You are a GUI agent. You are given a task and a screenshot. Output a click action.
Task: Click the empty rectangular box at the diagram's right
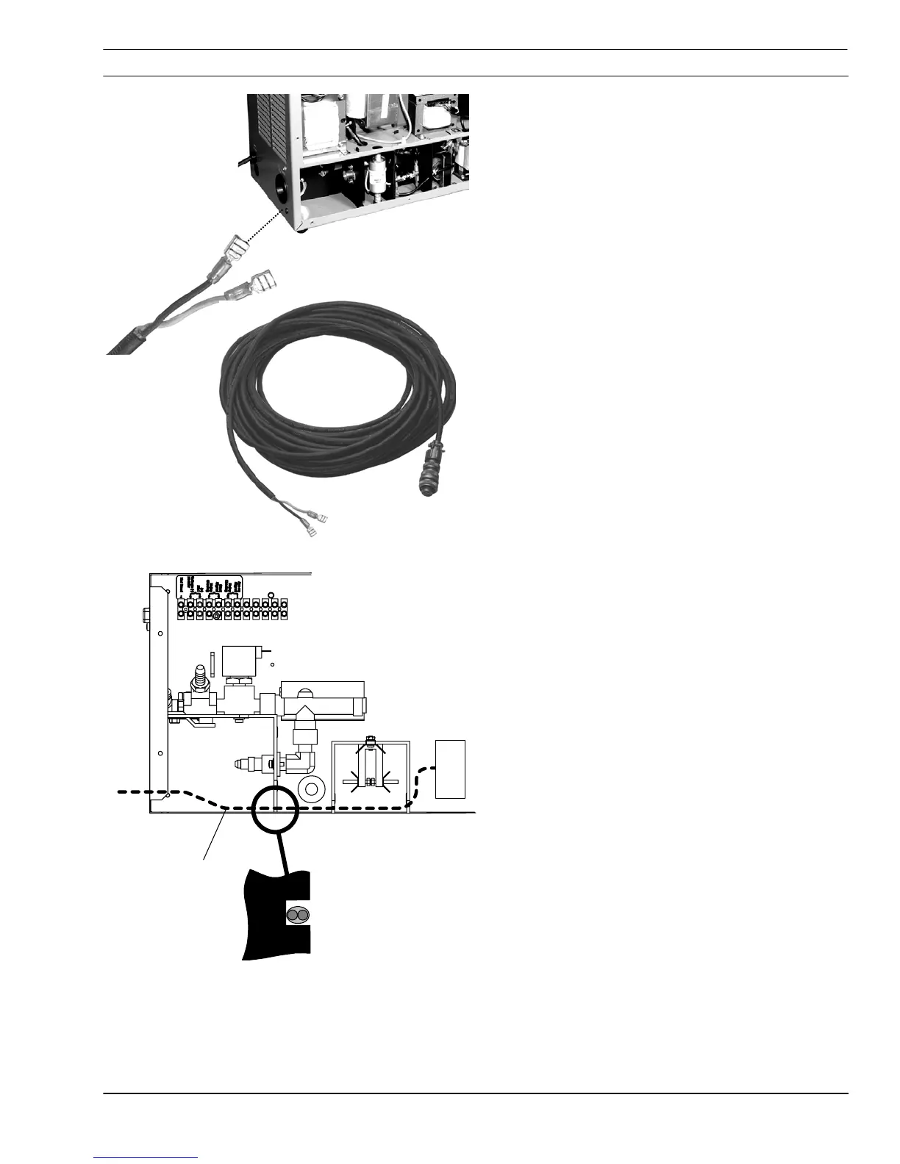tap(450, 769)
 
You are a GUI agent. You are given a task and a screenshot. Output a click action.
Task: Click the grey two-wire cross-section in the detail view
tap(298, 916)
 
